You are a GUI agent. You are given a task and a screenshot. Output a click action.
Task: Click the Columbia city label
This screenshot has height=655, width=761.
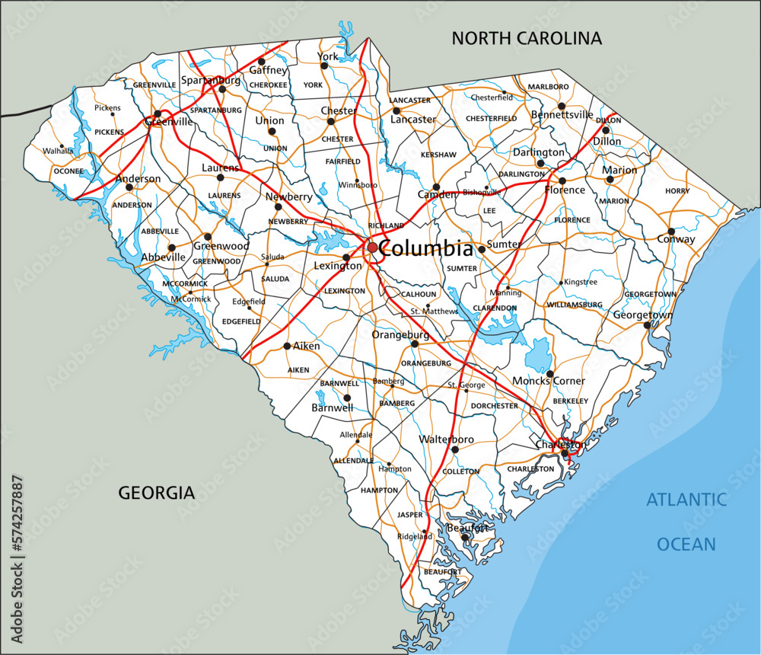tap(425, 248)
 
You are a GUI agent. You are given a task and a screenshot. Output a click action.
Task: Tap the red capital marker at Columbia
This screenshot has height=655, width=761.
tap(372, 248)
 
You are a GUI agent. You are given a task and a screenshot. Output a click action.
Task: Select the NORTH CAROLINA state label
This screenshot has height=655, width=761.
tap(526, 38)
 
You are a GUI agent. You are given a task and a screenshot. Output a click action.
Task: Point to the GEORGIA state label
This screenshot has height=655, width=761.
tap(156, 493)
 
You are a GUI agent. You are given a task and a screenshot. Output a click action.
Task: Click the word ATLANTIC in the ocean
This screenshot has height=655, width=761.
tap(686, 500)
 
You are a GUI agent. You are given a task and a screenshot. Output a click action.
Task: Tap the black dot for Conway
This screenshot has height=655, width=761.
tap(671, 232)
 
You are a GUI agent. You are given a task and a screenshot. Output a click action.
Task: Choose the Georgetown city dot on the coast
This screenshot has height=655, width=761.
tap(647, 325)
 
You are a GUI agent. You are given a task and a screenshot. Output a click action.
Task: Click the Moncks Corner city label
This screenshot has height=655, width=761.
tap(549, 381)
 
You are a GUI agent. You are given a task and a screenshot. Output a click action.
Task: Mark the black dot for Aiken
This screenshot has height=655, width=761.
tap(287, 346)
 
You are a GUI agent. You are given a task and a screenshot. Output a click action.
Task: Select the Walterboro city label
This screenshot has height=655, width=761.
tap(447, 439)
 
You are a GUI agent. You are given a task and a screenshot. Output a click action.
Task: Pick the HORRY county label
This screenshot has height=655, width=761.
tap(677, 191)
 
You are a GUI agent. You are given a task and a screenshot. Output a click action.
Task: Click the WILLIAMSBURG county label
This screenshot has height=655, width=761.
tap(575, 305)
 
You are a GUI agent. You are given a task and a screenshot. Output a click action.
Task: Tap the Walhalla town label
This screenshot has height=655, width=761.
tap(58, 151)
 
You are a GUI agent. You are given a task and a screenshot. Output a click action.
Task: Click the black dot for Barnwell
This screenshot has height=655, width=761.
tap(347, 398)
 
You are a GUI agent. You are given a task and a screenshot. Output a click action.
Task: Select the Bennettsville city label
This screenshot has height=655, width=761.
tap(562, 115)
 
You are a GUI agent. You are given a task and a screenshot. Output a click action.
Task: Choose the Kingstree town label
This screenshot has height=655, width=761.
tap(581, 282)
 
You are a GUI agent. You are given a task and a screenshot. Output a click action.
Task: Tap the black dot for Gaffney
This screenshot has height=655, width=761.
tap(261, 62)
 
